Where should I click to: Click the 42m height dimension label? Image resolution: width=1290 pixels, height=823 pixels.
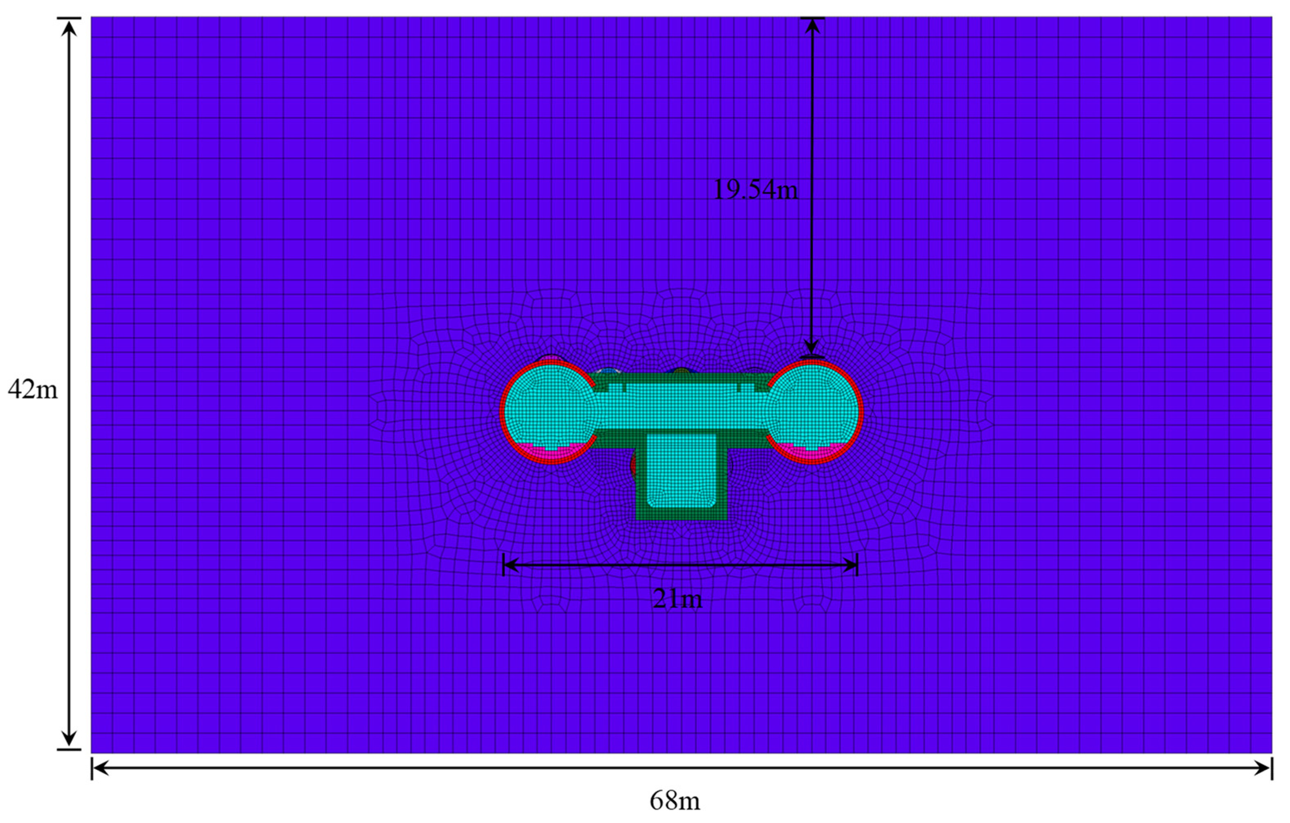click(x=33, y=390)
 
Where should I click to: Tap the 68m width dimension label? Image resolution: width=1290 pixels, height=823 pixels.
click(x=675, y=801)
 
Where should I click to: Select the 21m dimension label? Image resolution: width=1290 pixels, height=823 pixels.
click(x=677, y=598)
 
